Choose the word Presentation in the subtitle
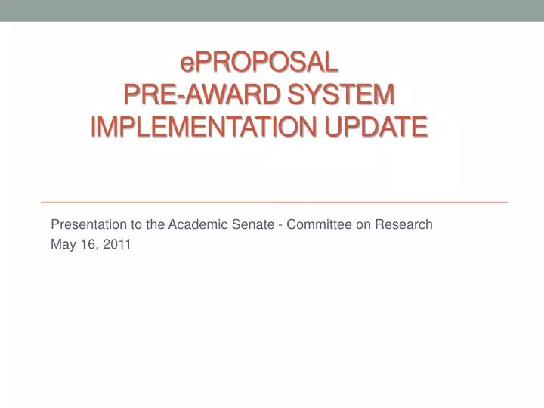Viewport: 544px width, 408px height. click(x=83, y=224)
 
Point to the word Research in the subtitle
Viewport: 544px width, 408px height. click(x=404, y=224)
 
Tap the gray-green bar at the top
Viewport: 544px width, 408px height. click(x=272, y=10)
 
